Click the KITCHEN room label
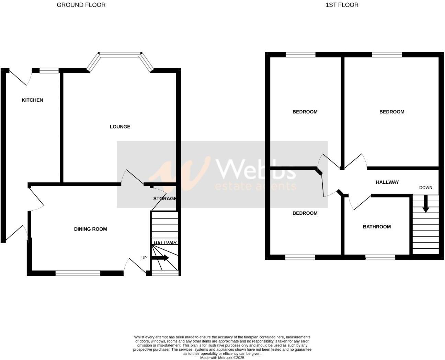[x=32, y=100]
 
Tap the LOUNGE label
[x=120, y=127]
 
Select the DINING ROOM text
[x=90, y=229]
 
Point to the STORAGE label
[x=165, y=199]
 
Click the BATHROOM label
[x=377, y=227]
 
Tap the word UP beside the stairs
[x=144, y=258]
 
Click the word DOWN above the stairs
[x=425, y=188]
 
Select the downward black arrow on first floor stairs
[x=425, y=204]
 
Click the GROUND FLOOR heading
[x=81, y=5]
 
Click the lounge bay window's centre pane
[x=120, y=53]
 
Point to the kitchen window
[x=49, y=71]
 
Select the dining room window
[x=78, y=273]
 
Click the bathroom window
[x=380, y=257]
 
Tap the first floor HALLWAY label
[x=387, y=182]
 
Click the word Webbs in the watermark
[x=255, y=169]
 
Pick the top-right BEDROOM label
[x=392, y=112]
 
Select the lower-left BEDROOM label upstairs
[x=305, y=213]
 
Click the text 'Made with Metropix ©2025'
[x=222, y=358]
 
